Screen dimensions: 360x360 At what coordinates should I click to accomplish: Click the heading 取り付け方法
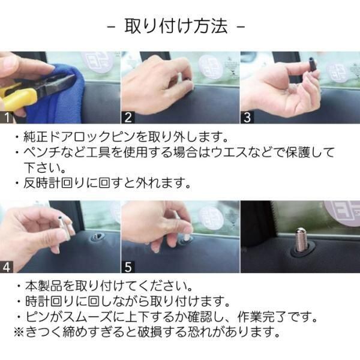[176, 26]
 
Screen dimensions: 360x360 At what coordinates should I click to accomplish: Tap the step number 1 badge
[6, 118]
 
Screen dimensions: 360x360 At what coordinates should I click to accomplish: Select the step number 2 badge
[128, 118]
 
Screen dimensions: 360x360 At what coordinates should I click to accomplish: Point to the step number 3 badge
[247, 118]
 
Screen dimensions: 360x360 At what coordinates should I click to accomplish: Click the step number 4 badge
[6, 267]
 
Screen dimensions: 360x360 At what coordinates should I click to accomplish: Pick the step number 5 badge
[128, 267]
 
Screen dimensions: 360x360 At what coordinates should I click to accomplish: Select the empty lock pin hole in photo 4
[97, 237]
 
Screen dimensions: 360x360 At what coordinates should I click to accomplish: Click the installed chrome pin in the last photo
[301, 240]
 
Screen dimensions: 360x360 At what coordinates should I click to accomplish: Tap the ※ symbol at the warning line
[19, 332]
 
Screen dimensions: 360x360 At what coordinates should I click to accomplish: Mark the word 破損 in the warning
[150, 332]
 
